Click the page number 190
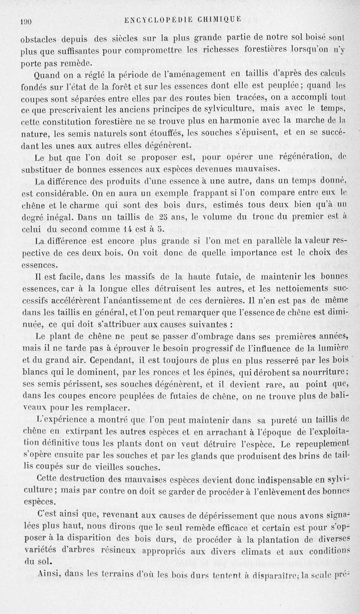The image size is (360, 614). coord(24,19)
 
